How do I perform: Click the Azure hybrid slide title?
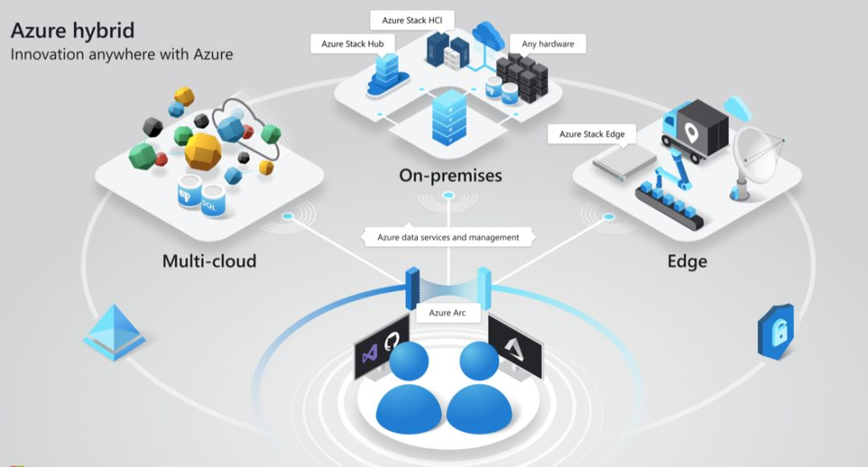click(x=72, y=31)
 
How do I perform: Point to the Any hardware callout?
click(x=547, y=43)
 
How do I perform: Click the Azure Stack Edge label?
click(x=592, y=134)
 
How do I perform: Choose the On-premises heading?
click(x=450, y=175)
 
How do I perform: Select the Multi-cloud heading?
click(x=209, y=261)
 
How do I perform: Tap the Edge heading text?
click(x=687, y=261)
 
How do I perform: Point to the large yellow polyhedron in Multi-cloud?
click(x=203, y=150)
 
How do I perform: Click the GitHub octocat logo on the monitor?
click(x=395, y=344)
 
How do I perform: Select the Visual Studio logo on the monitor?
click(x=370, y=354)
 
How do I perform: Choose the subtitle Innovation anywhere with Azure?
click(x=121, y=55)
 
